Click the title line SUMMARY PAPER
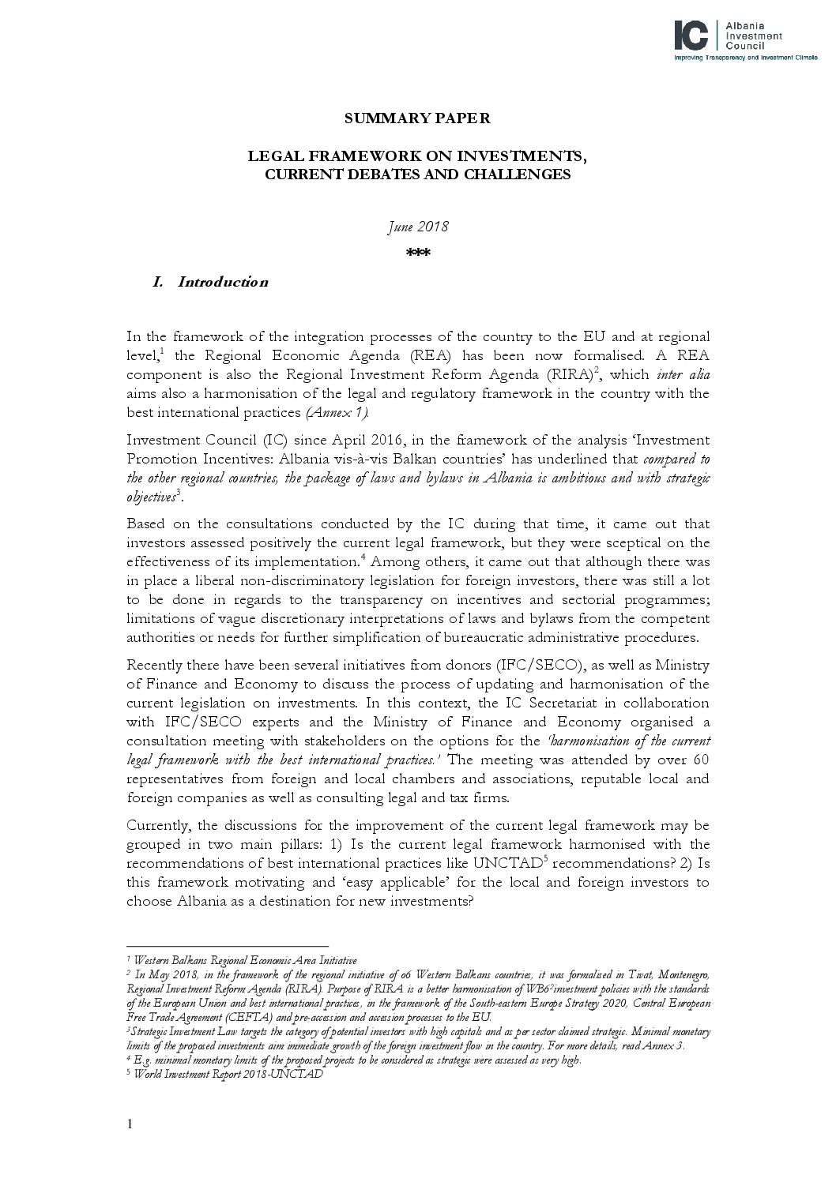pos(417,118)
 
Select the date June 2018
pos(417,227)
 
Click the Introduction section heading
pos(222,282)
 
